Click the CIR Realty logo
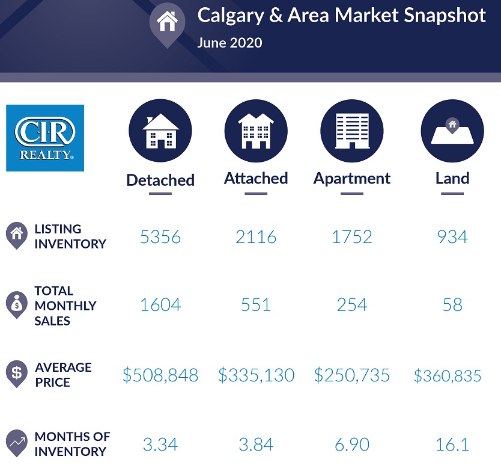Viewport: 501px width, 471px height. click(x=45, y=138)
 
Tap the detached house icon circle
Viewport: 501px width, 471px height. click(x=160, y=131)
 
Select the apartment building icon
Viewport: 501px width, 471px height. click(x=352, y=131)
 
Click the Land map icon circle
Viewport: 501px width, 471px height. click(x=452, y=131)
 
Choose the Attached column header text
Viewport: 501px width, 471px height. click(x=256, y=179)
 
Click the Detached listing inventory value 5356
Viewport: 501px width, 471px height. click(x=160, y=237)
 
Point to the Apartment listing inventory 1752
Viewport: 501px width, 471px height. click(x=352, y=237)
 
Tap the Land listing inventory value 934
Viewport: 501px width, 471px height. click(x=452, y=237)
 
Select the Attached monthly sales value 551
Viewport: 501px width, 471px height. click(x=256, y=305)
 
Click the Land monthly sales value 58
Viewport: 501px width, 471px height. click(x=452, y=305)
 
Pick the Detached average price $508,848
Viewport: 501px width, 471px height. click(x=160, y=376)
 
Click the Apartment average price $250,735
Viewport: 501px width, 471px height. click(x=352, y=376)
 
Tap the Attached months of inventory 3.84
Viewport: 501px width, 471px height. click(x=256, y=445)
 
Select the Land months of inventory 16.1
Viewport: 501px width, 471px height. click(x=452, y=445)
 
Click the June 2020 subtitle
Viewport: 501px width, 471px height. click(x=229, y=43)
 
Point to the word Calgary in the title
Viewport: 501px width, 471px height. click(x=229, y=15)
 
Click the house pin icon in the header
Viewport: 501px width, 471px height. click(x=167, y=23)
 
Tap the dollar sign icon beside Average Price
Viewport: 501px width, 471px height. click(x=16, y=373)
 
